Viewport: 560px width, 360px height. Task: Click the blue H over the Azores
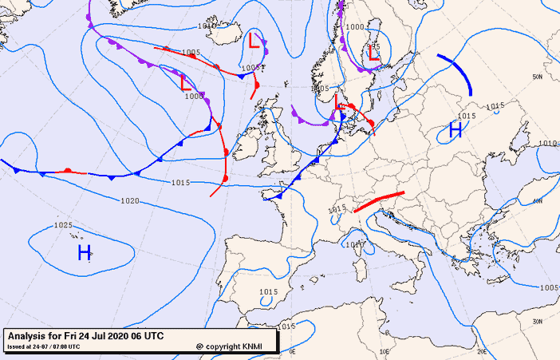pos(84,254)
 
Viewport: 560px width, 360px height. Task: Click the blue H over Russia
pos(455,130)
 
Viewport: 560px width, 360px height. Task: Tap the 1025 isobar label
pos(64,226)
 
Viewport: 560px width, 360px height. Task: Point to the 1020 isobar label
pos(130,201)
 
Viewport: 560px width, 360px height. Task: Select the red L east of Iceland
pos(254,40)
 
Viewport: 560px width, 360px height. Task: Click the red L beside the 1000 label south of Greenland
pos(185,82)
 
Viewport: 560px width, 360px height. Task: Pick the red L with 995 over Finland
pos(373,55)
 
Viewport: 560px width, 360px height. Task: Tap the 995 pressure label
pos(373,45)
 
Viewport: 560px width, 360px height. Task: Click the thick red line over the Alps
pos(379,201)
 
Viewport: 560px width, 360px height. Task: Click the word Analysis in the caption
pos(26,336)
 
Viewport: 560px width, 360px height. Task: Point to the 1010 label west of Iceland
pos(206,26)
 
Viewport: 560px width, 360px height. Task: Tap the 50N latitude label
pos(538,77)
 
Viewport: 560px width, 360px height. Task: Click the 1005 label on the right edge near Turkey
pos(548,287)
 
